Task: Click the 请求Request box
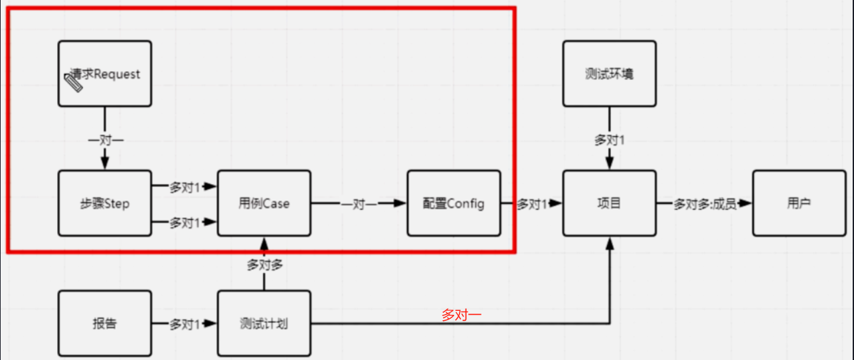pyautogui.click(x=104, y=74)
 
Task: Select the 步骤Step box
pyautogui.click(x=104, y=203)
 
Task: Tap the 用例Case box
pyautogui.click(x=264, y=203)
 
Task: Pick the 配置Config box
pyautogui.click(x=454, y=203)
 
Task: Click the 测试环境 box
pyautogui.click(x=609, y=74)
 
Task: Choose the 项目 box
pyautogui.click(x=609, y=203)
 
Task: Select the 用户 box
pyautogui.click(x=798, y=203)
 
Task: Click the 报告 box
pyautogui.click(x=104, y=323)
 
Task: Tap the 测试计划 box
pyautogui.click(x=264, y=323)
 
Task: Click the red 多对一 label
pyautogui.click(x=462, y=315)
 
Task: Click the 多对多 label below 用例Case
pyautogui.click(x=264, y=264)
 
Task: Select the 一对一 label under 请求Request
pyautogui.click(x=105, y=140)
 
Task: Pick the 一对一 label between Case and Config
pyautogui.click(x=359, y=204)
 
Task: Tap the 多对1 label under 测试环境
pyautogui.click(x=610, y=140)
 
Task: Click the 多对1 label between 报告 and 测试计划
pyautogui.click(x=184, y=324)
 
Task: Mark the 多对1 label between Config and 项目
pyautogui.click(x=531, y=204)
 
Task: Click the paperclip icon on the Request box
pyautogui.click(x=73, y=83)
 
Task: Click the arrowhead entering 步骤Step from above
pyautogui.click(x=104, y=164)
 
